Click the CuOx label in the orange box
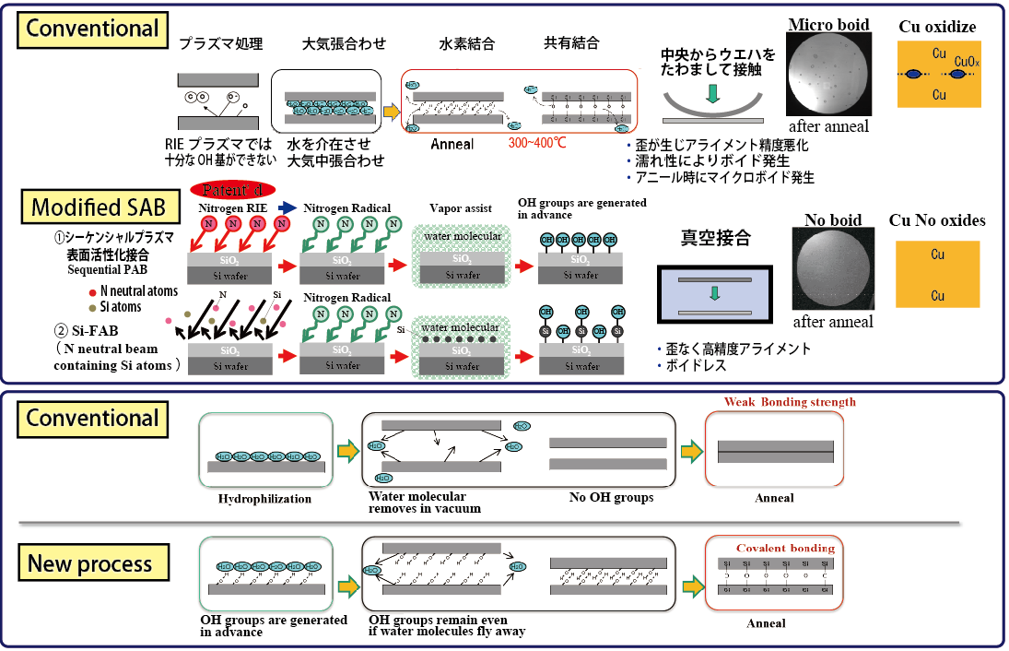coord(966,64)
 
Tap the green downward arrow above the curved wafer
coord(711,93)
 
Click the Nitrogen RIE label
coord(232,207)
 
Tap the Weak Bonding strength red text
coord(790,402)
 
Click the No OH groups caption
coord(611,498)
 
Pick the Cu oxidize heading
coord(937,27)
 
